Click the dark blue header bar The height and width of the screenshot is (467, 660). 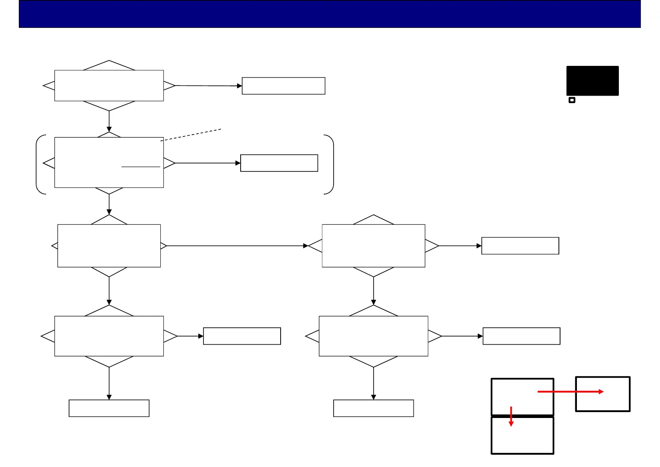click(330, 14)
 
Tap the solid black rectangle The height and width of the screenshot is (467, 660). click(592, 81)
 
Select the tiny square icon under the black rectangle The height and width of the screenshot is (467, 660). click(572, 100)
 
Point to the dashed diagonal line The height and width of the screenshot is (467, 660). click(191, 134)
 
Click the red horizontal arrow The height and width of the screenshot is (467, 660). click(570, 391)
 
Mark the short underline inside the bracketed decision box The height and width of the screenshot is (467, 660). click(141, 167)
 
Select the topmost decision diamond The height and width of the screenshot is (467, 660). click(109, 85)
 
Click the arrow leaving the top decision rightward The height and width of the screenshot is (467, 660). click(208, 85)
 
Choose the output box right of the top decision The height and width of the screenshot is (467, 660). click(283, 86)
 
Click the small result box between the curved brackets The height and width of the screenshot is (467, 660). click(279, 163)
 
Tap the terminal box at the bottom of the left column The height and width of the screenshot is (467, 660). click(109, 408)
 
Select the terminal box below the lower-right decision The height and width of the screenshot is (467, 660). click(374, 408)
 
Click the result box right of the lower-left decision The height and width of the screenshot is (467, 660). click(242, 336)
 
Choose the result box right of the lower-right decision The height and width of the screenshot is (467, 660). click(521, 336)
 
